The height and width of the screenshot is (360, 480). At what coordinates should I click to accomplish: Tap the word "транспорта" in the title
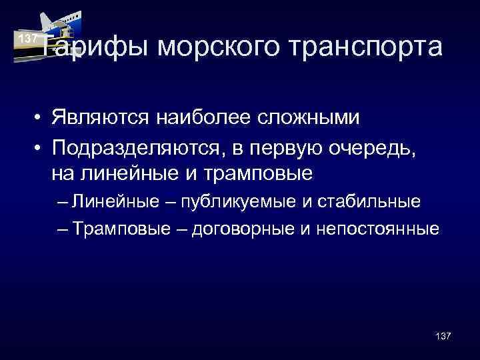[367, 48]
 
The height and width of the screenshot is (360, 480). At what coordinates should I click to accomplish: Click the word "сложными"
[303, 119]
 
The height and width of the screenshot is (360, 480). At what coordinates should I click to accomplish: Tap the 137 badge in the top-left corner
[27, 39]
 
